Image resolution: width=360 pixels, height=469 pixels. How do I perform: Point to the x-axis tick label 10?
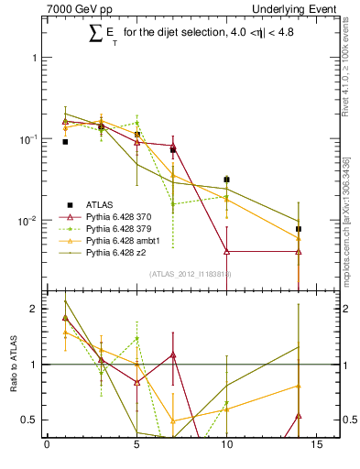point(226,446)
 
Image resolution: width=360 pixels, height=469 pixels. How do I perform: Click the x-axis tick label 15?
point(316,446)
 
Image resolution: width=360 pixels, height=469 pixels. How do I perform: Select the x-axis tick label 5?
point(136,446)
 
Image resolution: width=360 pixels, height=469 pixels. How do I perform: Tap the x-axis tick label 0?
point(47,446)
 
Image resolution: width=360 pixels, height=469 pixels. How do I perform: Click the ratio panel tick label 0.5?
point(28,420)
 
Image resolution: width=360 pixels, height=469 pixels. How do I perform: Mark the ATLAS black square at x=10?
point(226,180)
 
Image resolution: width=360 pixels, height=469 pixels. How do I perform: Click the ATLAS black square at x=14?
point(299,229)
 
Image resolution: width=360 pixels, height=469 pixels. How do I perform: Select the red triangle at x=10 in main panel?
point(226,251)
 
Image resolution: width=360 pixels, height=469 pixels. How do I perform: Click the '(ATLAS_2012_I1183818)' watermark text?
point(188,273)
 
